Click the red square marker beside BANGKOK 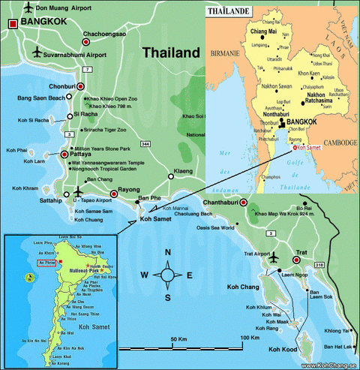[13, 24]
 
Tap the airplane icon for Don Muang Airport [28, 8]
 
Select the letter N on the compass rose [168, 252]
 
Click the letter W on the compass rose [143, 275]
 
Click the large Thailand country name [172, 53]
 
